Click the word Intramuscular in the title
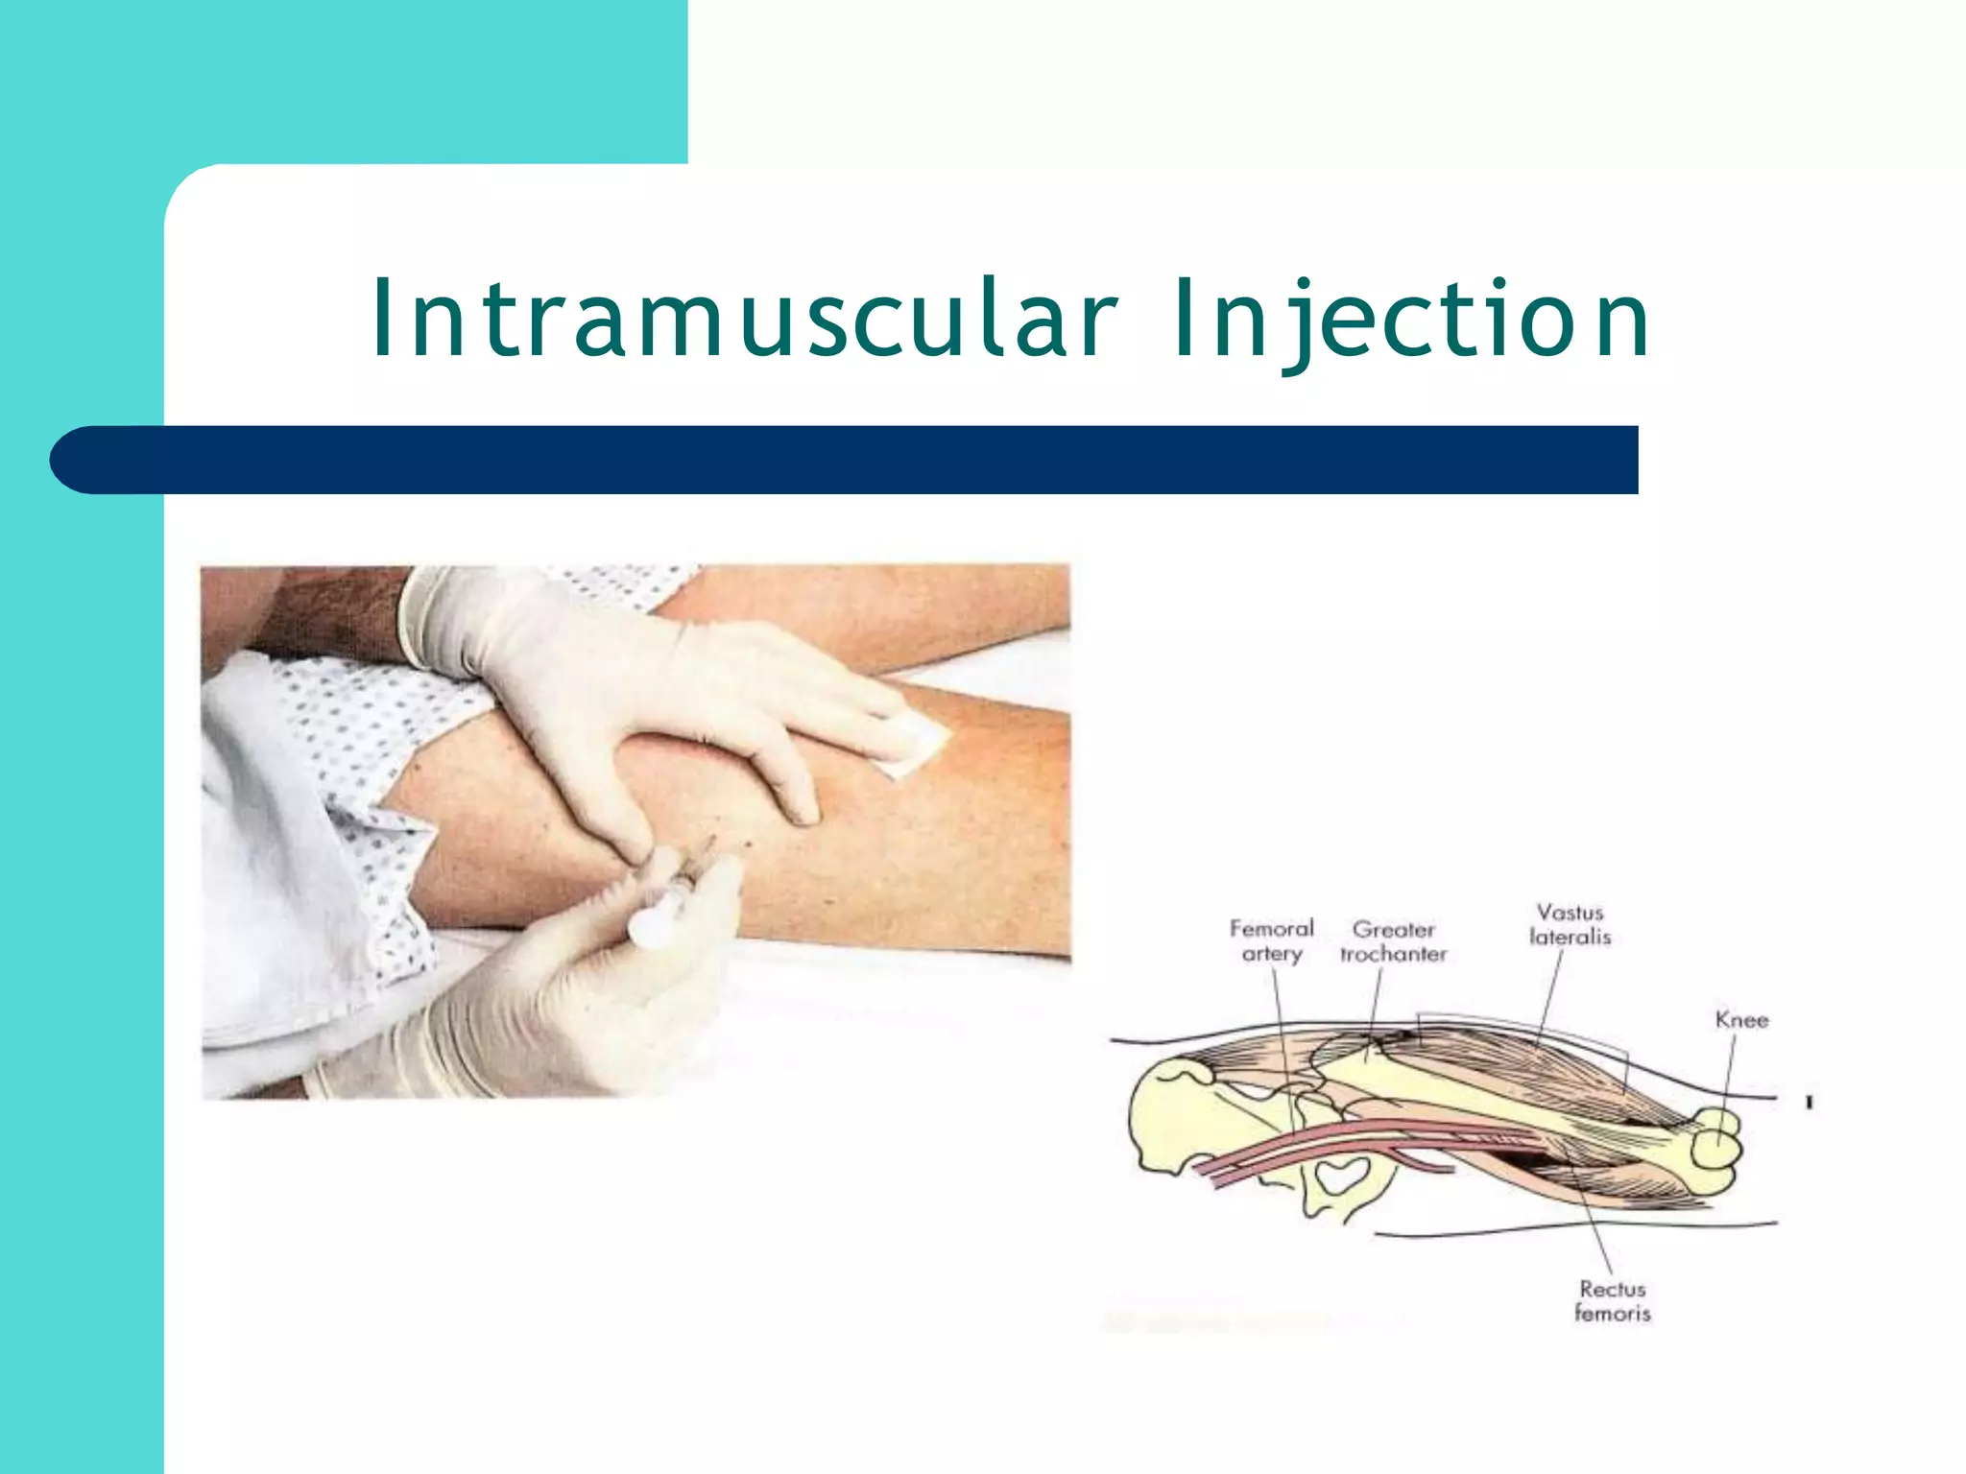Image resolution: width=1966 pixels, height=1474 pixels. click(744, 318)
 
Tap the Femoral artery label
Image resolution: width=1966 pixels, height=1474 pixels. click(1271, 940)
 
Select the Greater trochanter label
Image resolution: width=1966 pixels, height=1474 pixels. click(1393, 941)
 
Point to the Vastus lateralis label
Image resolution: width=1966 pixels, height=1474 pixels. click(1570, 924)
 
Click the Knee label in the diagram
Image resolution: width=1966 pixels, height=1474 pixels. click(1741, 1019)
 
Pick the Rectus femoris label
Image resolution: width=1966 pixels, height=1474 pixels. click(1612, 1300)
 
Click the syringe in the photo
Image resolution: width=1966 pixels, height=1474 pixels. click(672, 892)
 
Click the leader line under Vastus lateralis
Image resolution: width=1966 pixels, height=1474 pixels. click(1547, 998)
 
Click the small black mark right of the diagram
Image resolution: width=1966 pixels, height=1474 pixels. click(1809, 1103)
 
